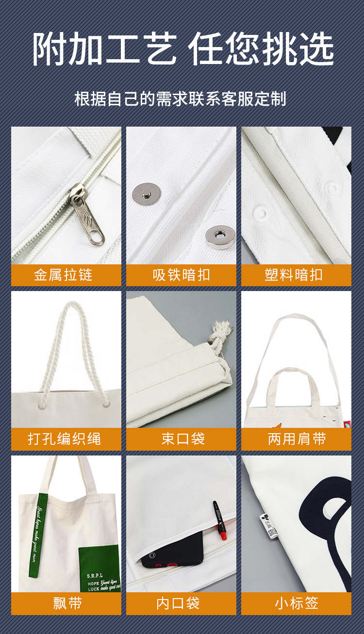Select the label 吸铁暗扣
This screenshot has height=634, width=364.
182,275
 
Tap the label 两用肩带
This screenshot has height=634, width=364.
297,439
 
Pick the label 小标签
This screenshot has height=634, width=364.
297,603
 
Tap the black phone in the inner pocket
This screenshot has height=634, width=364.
170,553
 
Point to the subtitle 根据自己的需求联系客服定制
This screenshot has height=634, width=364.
181,98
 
